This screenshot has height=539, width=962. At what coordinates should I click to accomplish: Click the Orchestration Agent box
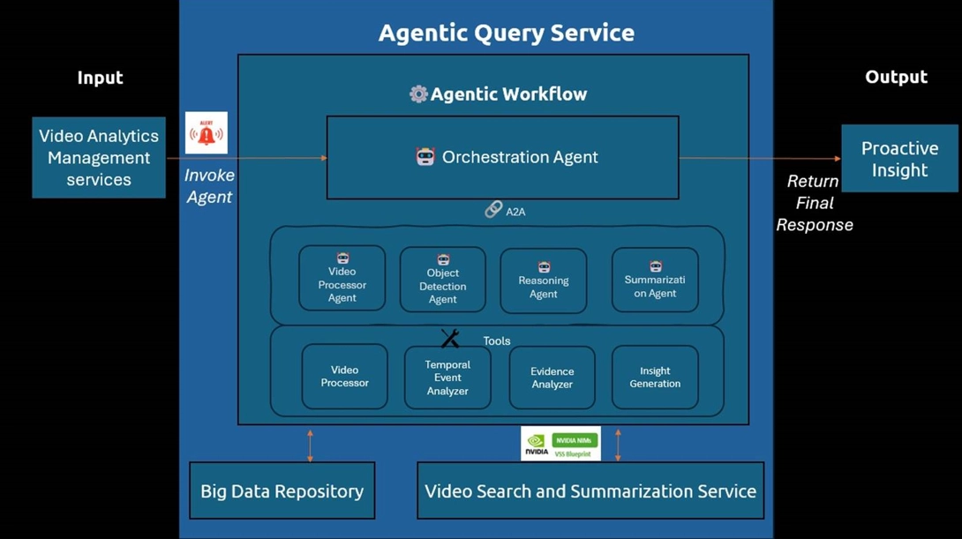(502, 157)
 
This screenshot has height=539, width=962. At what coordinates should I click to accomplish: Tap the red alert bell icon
(207, 133)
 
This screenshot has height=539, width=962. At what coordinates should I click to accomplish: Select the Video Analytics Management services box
(99, 158)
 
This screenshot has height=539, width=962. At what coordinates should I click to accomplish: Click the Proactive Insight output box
(899, 159)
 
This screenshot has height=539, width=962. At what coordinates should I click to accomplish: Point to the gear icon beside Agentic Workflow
(418, 94)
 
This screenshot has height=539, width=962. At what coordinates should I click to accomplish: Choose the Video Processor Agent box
(342, 278)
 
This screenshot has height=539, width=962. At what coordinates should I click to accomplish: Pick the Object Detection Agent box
(442, 280)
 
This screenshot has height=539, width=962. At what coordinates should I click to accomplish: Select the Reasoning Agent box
(543, 281)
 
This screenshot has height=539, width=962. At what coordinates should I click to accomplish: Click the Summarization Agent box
(655, 280)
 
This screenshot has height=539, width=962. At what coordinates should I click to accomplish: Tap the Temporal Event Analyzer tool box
(447, 378)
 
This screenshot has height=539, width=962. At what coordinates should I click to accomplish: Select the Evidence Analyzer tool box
(552, 378)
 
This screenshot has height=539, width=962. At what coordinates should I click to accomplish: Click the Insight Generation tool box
(655, 378)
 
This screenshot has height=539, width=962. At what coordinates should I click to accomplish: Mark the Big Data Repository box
(282, 490)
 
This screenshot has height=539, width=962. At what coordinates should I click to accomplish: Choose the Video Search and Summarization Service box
(590, 490)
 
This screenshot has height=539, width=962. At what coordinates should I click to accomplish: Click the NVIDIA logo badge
(536, 444)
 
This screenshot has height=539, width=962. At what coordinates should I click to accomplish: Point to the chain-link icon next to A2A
(493, 210)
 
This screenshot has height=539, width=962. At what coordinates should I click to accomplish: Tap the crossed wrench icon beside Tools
(450, 339)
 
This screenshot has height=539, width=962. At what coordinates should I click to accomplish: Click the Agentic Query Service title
(506, 34)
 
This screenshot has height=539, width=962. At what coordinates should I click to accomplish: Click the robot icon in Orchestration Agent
(425, 157)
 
